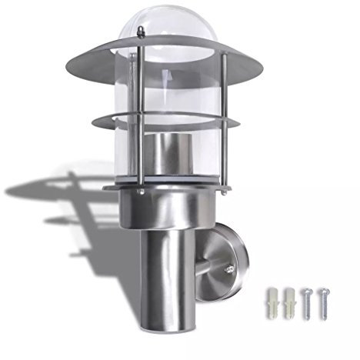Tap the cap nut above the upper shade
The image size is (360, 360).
[142, 32]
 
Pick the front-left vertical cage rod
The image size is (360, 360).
[142, 115]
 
